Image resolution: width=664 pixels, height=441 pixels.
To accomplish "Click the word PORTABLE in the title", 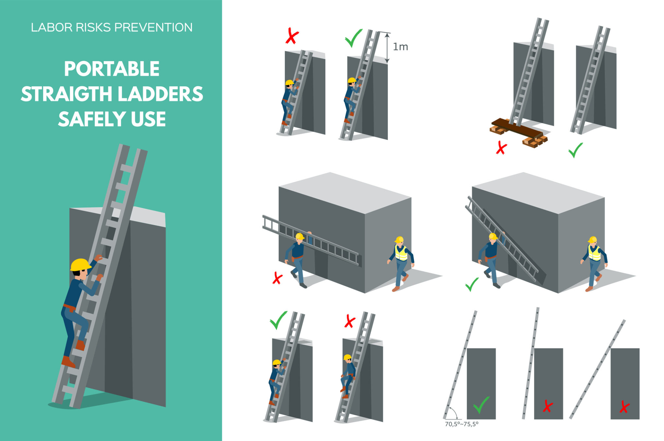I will click(112, 69).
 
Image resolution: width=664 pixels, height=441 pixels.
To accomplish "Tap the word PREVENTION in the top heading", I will click(153, 28).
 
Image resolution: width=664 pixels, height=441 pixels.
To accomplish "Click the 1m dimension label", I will click(400, 47).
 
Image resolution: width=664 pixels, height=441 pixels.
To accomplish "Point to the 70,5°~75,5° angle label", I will click(461, 424).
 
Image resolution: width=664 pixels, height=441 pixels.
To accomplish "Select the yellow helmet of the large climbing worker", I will click(80, 265).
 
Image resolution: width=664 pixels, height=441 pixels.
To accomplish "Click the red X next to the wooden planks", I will click(501, 148).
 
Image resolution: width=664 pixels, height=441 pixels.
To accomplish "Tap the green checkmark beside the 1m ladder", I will click(353, 38).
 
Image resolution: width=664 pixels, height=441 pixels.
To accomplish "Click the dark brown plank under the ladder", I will click(517, 127).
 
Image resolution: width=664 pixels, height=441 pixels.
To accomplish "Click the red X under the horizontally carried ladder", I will click(277, 278).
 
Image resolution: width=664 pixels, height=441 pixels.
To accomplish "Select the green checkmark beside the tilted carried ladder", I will click(472, 284).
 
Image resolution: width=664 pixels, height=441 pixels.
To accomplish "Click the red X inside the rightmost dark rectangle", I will click(624, 407).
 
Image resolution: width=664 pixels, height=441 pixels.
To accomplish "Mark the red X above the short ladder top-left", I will click(292, 36).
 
